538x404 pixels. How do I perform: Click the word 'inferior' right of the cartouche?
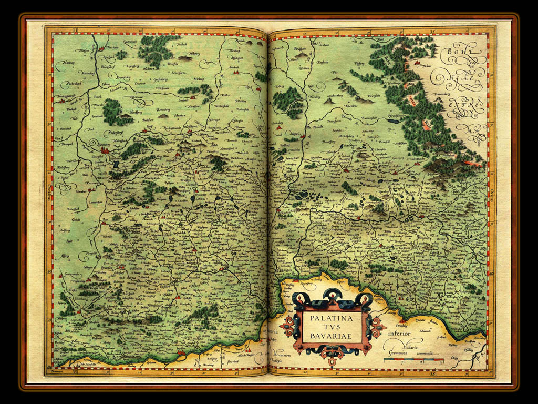pyautogui.click(x=403, y=333)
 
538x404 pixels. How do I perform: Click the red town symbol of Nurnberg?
pyautogui.click(x=105, y=150)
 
